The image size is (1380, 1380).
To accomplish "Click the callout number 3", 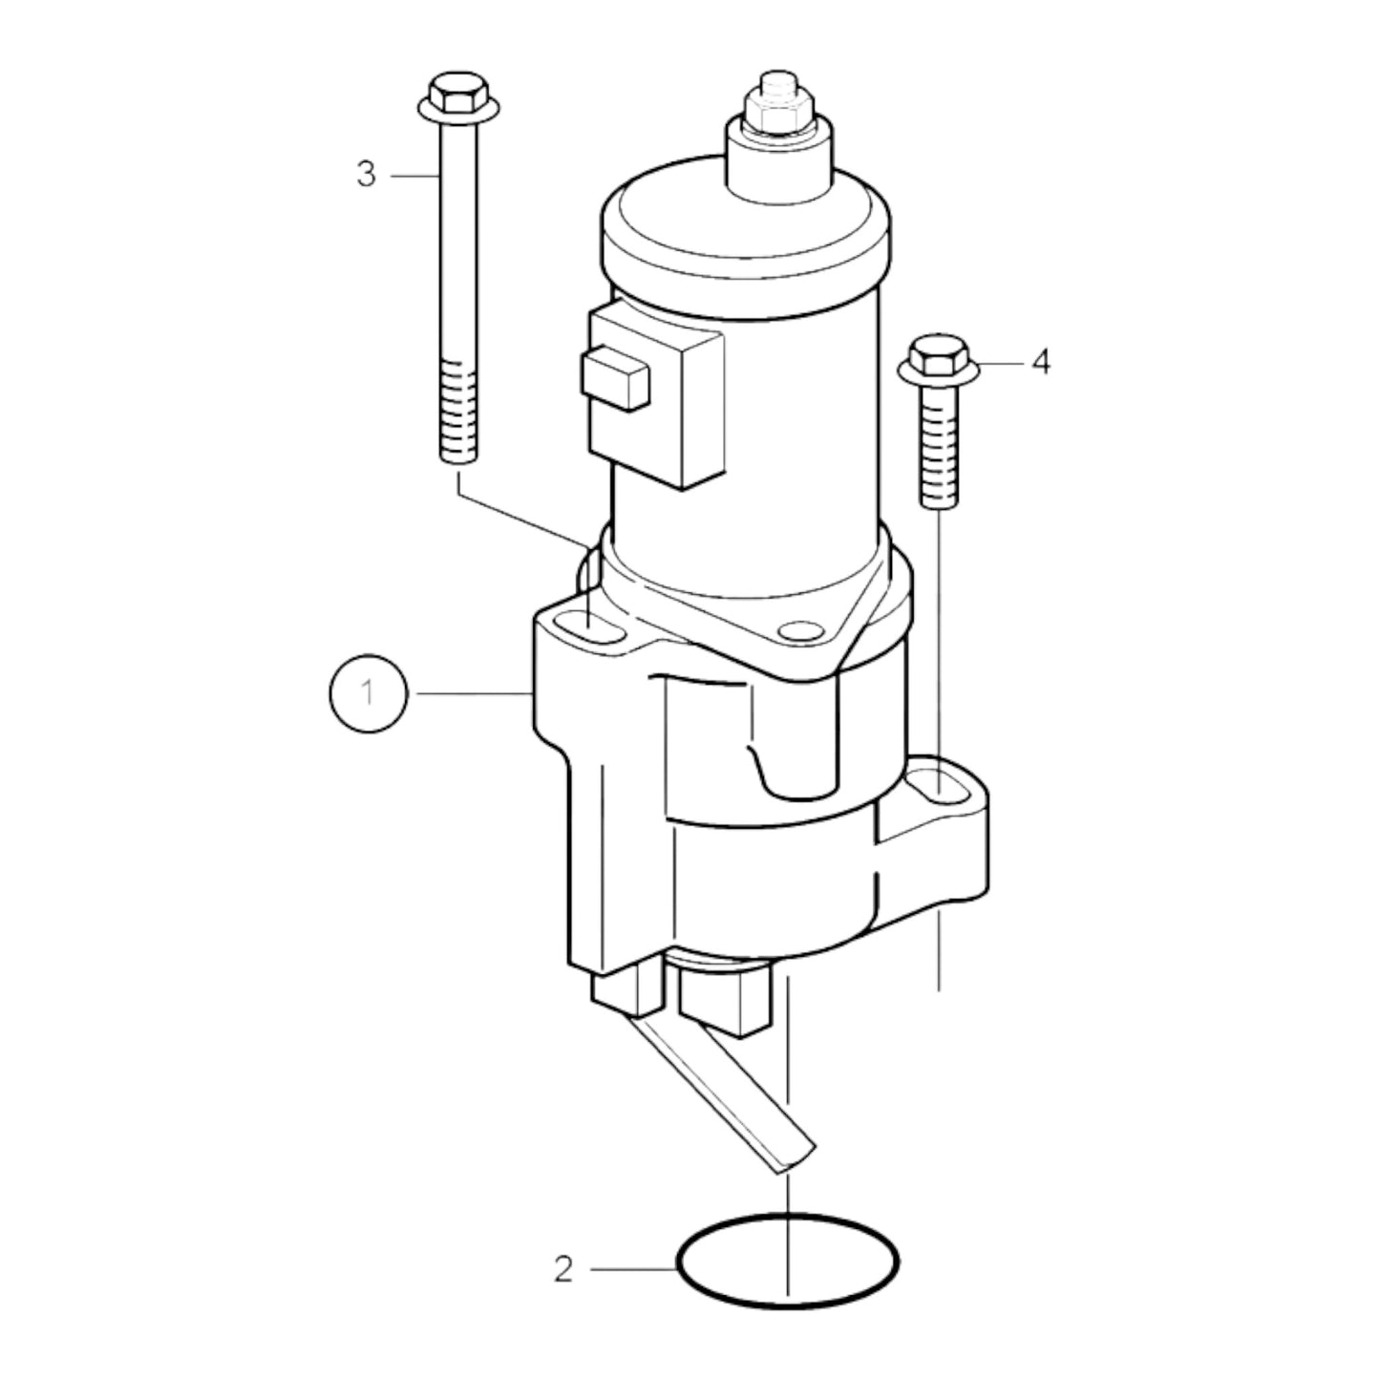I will (x=367, y=175).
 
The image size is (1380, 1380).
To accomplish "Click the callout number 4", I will (x=1040, y=362).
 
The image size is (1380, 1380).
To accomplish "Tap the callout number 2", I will (x=563, y=1269).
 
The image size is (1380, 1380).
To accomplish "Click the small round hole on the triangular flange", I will (x=798, y=631).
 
